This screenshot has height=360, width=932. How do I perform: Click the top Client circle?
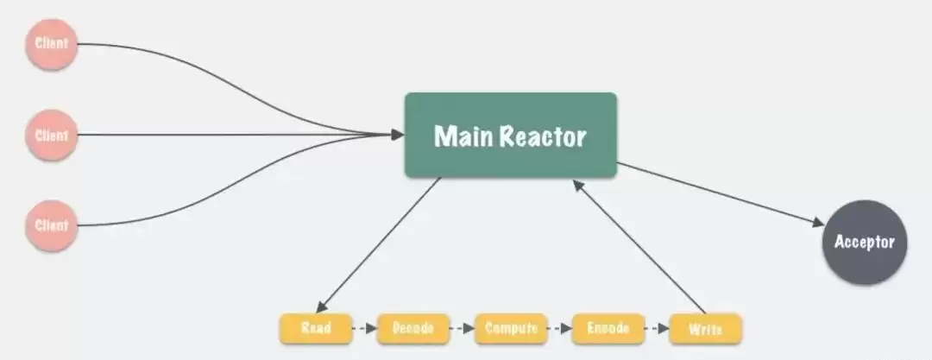pos(51,43)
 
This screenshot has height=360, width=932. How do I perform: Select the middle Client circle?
pos(51,135)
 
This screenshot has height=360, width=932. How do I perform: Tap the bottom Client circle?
pos(51,225)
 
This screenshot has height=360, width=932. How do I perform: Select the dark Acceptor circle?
pos(865,243)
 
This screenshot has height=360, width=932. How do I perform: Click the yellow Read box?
pos(316,328)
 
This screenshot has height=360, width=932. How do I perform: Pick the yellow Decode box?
pos(413,328)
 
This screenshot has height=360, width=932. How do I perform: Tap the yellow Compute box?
pos(511,328)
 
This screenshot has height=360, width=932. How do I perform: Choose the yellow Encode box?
pos(608,328)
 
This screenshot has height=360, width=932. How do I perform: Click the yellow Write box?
pos(705,329)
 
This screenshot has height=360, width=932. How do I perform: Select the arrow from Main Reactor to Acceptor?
pos(721,194)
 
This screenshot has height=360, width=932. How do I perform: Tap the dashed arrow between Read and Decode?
pos(365,328)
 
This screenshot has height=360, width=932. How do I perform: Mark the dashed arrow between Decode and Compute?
pos(463,328)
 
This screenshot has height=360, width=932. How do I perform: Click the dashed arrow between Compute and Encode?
pos(559,328)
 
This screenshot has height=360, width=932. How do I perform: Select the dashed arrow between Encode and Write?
pos(657,328)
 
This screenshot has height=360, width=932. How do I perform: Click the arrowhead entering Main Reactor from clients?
pos(397,134)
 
